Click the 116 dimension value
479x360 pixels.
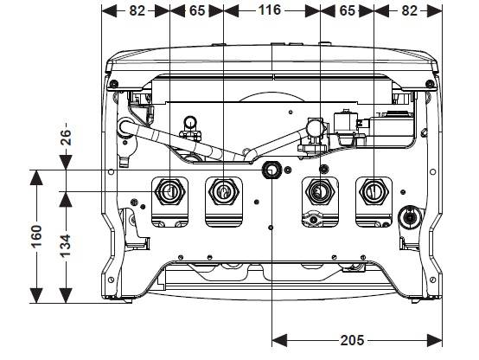coord(270,10)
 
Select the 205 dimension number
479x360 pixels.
coord(352,340)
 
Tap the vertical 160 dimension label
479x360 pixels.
coord(36,236)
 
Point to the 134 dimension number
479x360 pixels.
coord(66,246)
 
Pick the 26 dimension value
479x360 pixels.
coord(66,138)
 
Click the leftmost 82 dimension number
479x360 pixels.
coord(137,11)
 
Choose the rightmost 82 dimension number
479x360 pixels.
coord(409,11)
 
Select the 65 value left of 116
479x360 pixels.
coord(197,11)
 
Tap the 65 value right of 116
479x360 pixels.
coord(348,11)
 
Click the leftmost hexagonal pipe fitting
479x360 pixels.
coord(169,192)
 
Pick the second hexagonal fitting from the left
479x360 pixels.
coord(224,192)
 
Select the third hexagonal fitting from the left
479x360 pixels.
coord(320,192)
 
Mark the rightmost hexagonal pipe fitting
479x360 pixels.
coord(374,192)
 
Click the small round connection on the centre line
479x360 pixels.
coord(271,170)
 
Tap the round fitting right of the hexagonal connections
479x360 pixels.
coord(410,217)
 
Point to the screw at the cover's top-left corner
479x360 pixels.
coord(113,83)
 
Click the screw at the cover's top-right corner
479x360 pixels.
coord(430,83)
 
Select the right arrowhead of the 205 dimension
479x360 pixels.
coord(434,340)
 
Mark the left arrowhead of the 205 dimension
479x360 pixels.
coord(279,340)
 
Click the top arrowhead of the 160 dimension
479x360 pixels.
coord(36,177)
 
